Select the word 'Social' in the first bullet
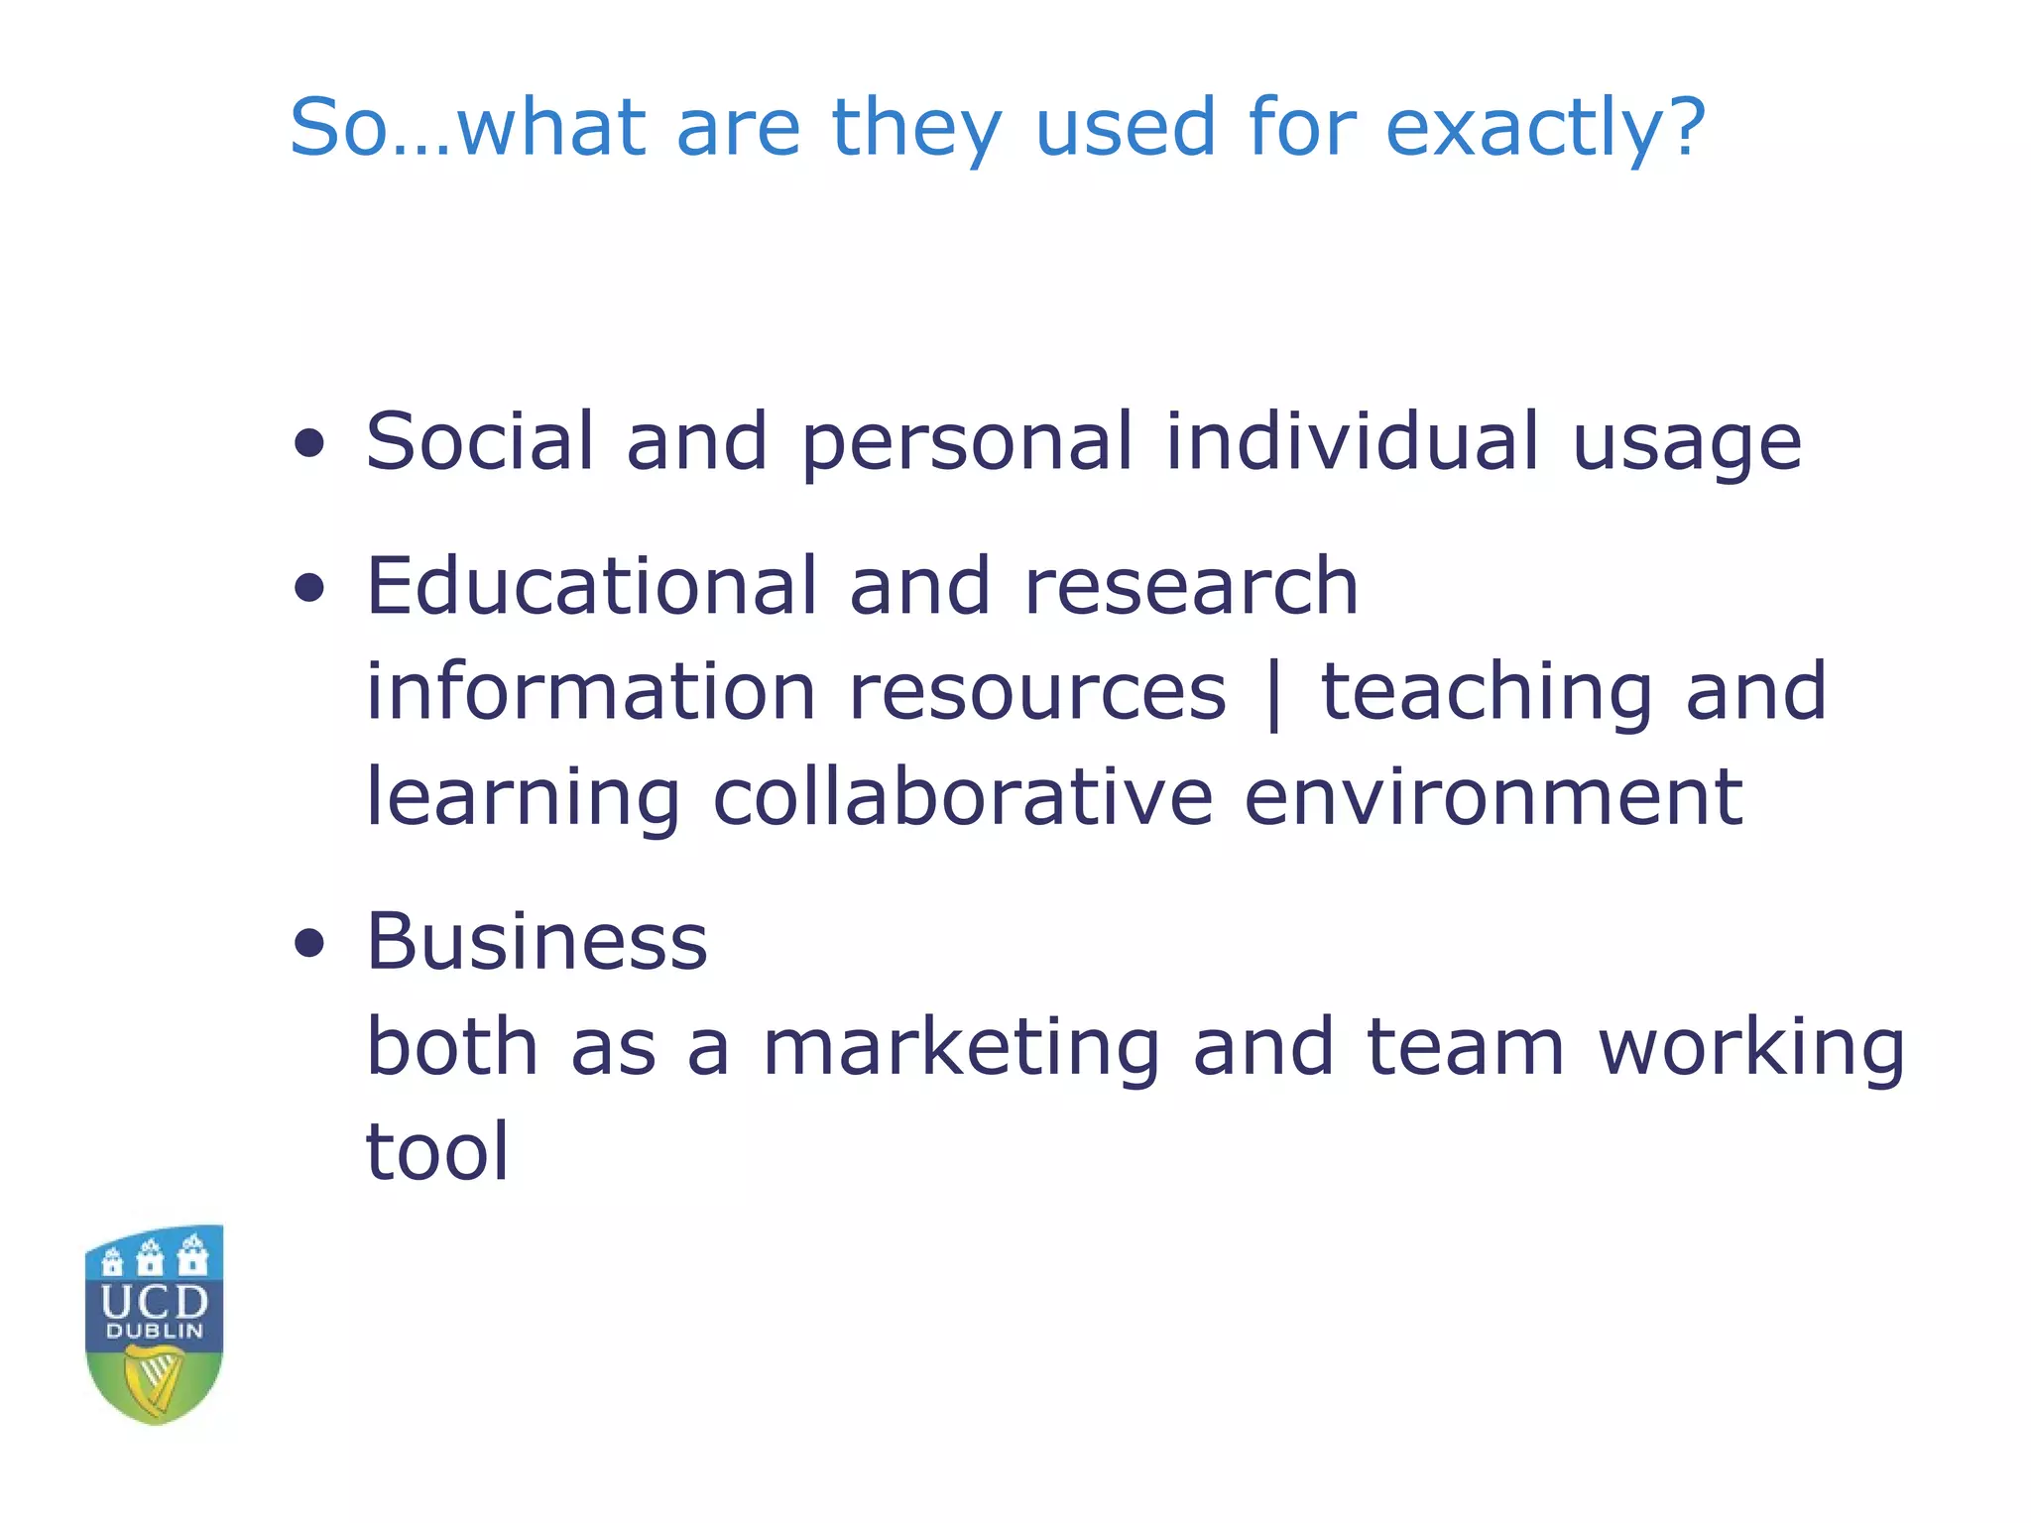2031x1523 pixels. click(x=479, y=441)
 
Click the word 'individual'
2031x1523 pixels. click(x=1352, y=441)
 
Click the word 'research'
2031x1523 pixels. click(x=1190, y=587)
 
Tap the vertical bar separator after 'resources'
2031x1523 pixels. click(x=1273, y=694)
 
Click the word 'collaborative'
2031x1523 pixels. click(x=962, y=798)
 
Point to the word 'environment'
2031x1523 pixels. click(x=1493, y=798)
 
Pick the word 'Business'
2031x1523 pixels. click(x=537, y=941)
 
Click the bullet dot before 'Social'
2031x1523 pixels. click(x=309, y=443)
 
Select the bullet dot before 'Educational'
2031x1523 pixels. click(x=309, y=588)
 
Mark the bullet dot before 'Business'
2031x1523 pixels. click(x=309, y=944)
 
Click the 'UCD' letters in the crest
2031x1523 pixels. click(x=155, y=1301)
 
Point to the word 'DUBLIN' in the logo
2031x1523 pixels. click(x=155, y=1332)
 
